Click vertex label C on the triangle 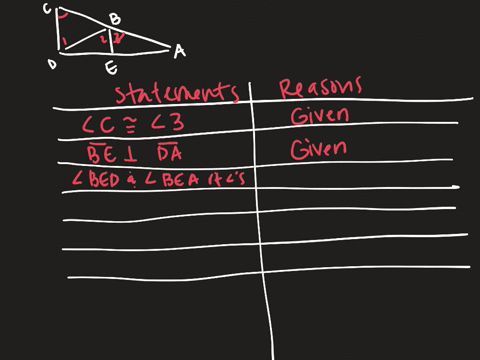[x=47, y=8]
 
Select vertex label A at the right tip [x=178, y=49]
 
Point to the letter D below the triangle [x=51, y=64]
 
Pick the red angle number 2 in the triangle [x=103, y=39]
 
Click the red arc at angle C [x=63, y=16]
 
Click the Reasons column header [x=320, y=88]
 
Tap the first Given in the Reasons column [x=320, y=117]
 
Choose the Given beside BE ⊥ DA [x=320, y=149]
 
